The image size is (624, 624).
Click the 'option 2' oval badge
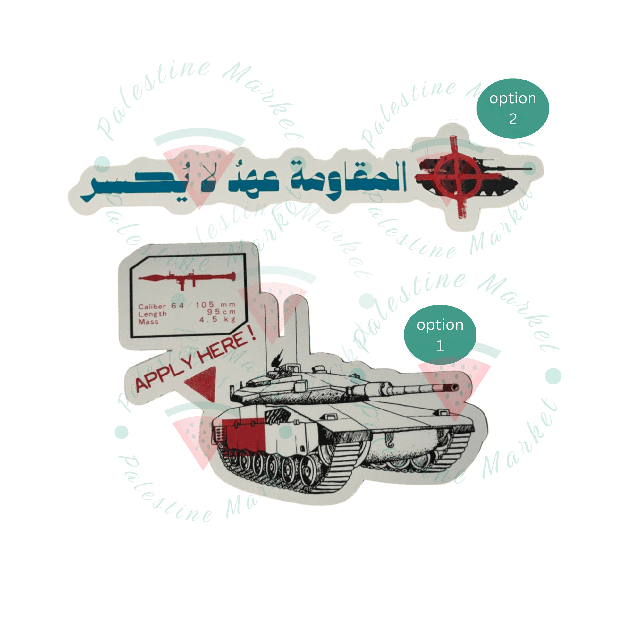click(x=512, y=109)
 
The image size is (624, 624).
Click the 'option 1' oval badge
click(x=440, y=335)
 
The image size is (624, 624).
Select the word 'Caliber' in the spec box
click(x=152, y=306)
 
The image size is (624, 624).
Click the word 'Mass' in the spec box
click(x=148, y=322)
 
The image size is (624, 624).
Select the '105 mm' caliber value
click(x=215, y=304)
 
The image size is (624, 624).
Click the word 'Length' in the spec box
click(x=152, y=314)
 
